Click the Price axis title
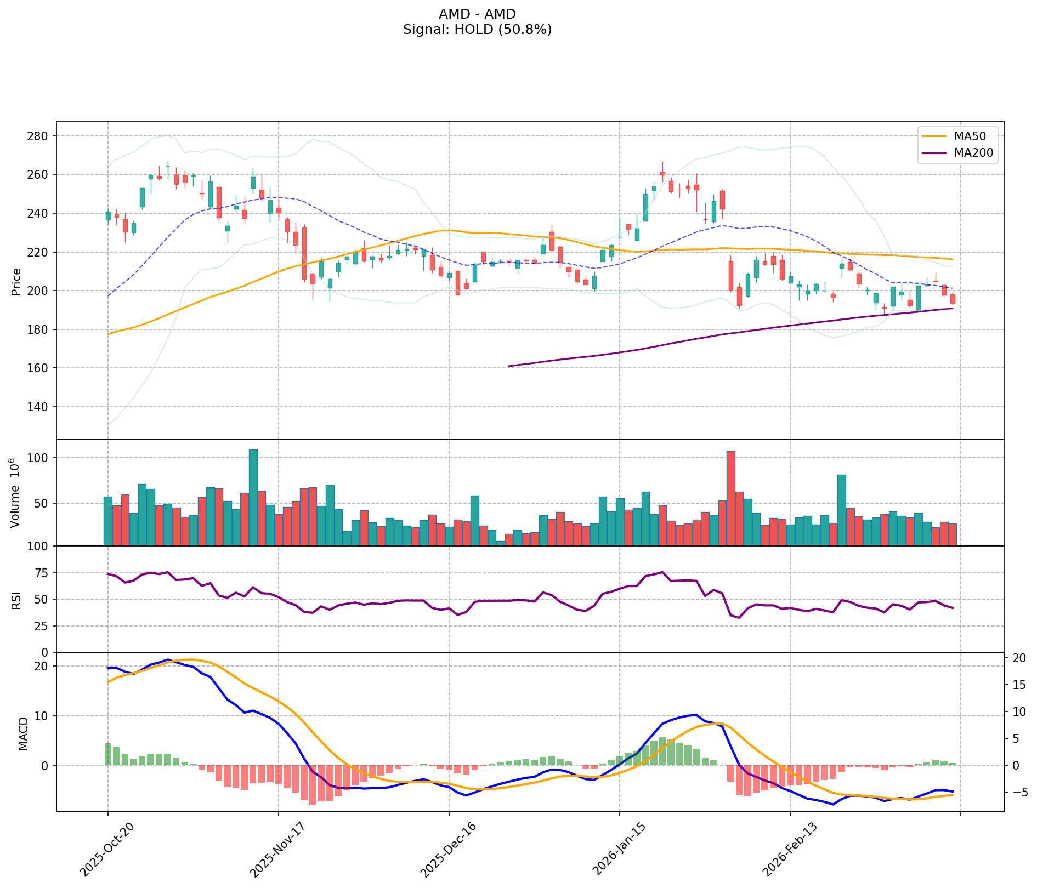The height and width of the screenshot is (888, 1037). click(16, 281)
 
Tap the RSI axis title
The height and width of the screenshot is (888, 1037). click(16, 600)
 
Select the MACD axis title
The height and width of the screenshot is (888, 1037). click(22, 733)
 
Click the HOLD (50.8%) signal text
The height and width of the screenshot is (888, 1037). click(477, 30)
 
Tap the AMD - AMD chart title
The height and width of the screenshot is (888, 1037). click(477, 14)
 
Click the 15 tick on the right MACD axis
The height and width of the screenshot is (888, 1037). click(1016, 685)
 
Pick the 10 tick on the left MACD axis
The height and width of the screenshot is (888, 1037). click(41, 716)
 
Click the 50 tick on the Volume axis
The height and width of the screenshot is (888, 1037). click(41, 503)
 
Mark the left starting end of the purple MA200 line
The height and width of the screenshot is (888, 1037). click(509, 366)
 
